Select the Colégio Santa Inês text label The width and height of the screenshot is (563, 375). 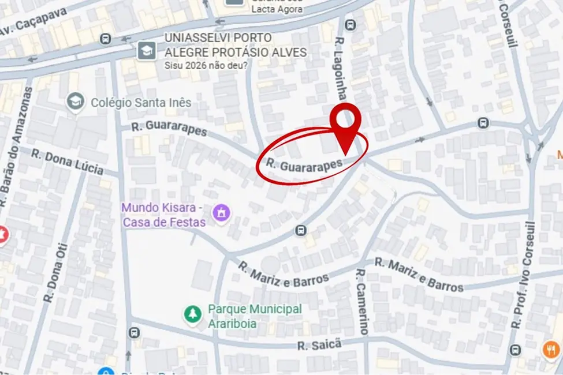coord(141,103)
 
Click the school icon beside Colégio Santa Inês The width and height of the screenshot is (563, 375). coord(74,102)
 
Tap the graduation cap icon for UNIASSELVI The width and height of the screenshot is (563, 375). coord(146,51)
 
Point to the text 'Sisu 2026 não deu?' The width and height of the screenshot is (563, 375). coord(206,65)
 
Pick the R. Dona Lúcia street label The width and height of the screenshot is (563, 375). coord(67,162)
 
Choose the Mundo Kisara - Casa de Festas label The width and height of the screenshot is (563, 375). coord(163,214)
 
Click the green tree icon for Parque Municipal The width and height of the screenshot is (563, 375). coord(192,315)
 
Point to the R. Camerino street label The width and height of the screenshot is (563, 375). coord(361,301)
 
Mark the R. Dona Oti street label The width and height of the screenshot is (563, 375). coord(54,272)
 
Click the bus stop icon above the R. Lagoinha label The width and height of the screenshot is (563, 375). coord(350,25)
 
